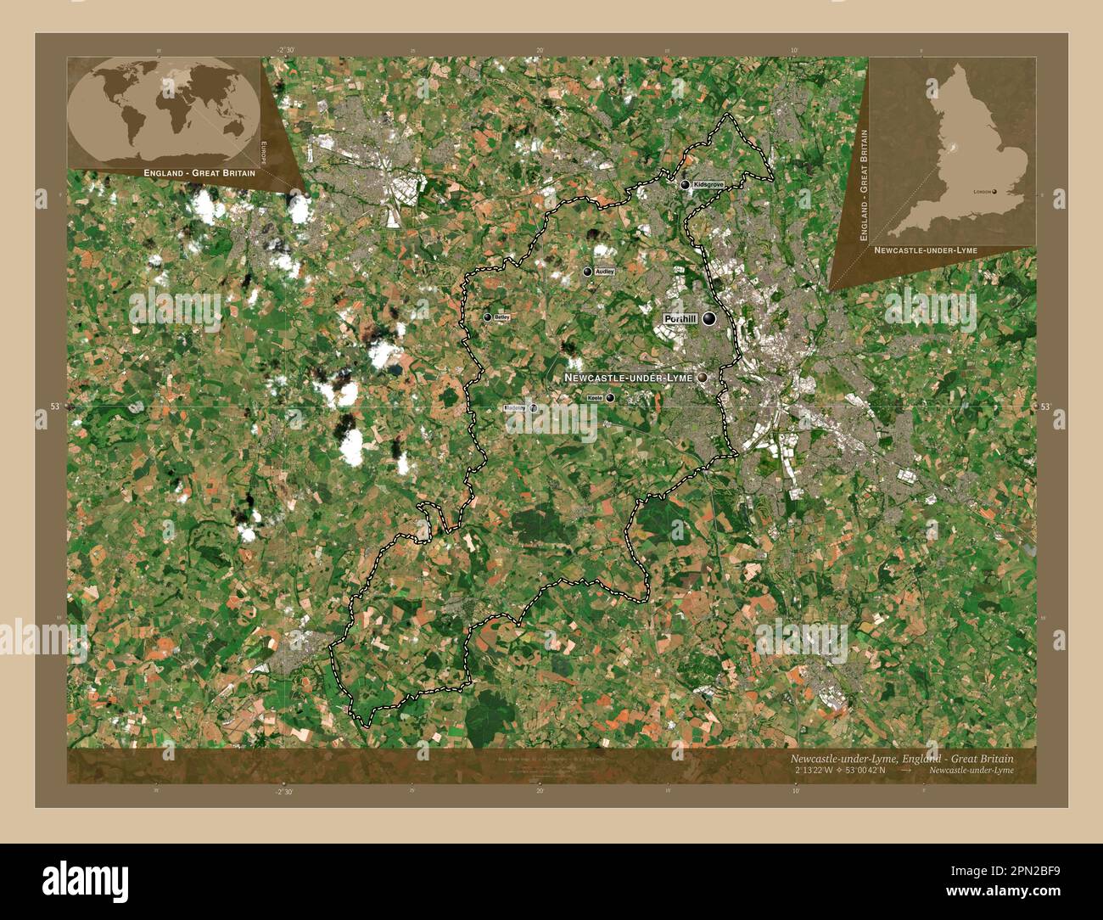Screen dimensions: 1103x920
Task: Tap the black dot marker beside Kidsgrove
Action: [685, 184]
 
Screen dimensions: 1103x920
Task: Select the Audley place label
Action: [604, 272]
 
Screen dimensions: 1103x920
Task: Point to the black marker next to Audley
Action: [587, 272]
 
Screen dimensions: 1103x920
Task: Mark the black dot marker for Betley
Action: [488, 317]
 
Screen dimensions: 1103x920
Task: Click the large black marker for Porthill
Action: [708, 318]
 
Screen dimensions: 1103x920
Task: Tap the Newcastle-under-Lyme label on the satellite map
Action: [629, 377]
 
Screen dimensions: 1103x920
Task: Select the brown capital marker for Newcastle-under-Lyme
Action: [703, 377]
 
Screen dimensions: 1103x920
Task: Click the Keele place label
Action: [595, 397]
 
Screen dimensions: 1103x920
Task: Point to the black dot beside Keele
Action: [610, 397]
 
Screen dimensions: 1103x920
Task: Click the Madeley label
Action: [515, 408]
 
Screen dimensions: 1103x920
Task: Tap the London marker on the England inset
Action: [995, 192]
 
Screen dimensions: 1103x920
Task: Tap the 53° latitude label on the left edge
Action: [54, 407]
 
